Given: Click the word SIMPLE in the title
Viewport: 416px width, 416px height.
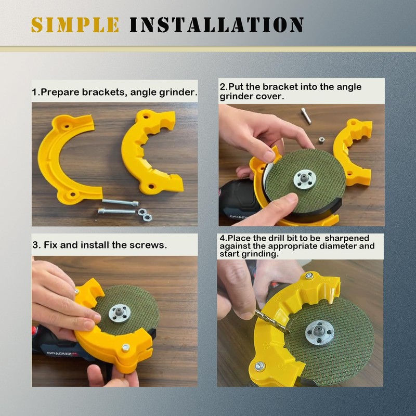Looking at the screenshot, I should point(75,24).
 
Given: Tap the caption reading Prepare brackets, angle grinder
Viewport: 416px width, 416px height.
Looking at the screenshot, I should point(114,93).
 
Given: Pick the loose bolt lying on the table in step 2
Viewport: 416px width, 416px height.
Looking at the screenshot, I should point(306,115).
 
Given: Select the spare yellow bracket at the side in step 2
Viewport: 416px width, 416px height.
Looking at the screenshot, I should point(354,151).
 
